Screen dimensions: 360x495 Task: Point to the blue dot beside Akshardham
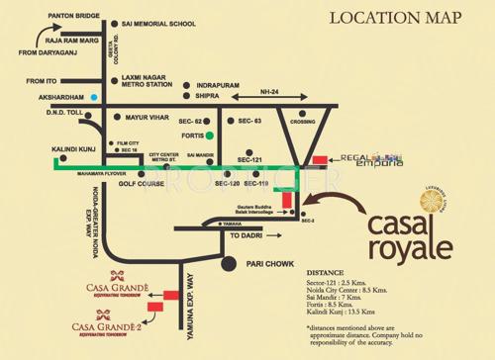click(x=94, y=96)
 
